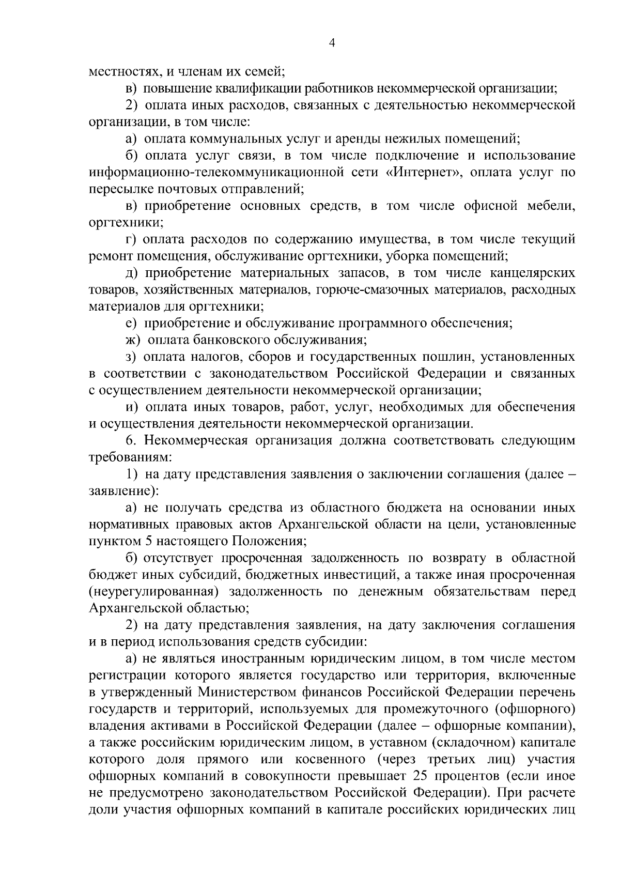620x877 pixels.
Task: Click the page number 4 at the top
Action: pos(332,44)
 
